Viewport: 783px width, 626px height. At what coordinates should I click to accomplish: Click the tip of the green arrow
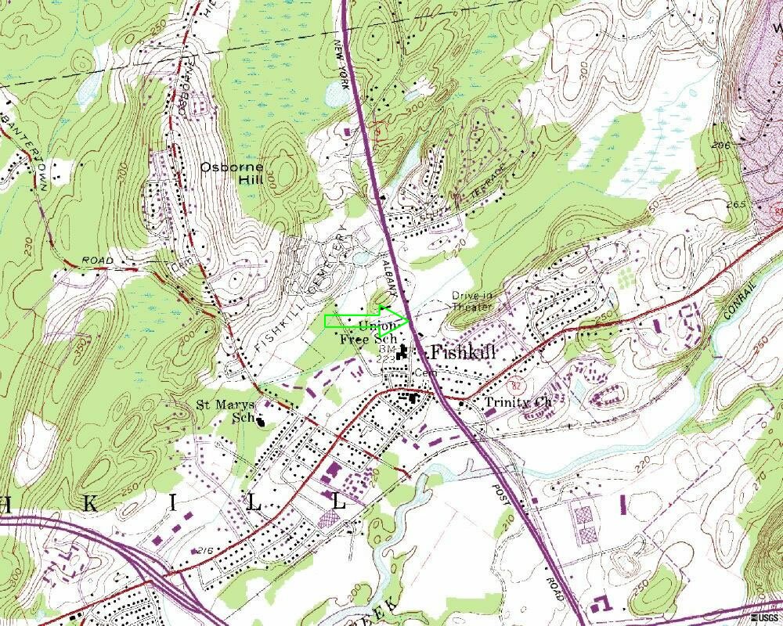click(x=410, y=320)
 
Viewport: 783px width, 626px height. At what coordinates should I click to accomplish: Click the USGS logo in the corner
click(x=764, y=619)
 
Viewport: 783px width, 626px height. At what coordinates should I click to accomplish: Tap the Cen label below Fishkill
click(x=424, y=372)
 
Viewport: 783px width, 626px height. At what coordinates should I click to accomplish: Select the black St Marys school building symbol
click(x=261, y=420)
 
